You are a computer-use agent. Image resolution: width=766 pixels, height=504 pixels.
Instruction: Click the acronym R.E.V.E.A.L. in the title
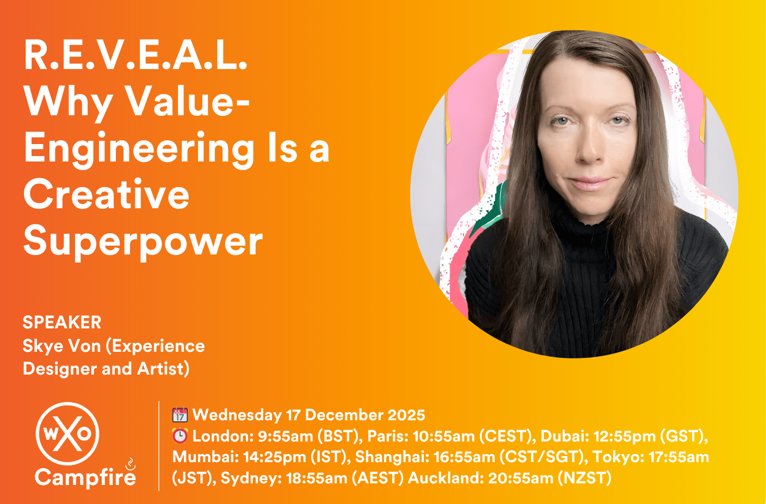click(135, 55)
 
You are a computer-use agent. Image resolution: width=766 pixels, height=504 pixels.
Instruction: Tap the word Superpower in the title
click(143, 242)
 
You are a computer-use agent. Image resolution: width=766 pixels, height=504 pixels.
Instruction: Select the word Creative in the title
click(107, 195)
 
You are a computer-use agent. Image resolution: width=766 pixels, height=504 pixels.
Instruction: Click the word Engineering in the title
click(139, 149)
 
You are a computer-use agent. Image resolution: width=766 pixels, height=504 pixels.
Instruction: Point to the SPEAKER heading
click(62, 322)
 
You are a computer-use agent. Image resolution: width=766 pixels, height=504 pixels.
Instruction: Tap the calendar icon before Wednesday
click(180, 415)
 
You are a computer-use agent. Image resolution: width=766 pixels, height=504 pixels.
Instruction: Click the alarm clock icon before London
click(180, 436)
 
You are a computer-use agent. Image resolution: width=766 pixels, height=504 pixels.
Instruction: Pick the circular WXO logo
click(67, 433)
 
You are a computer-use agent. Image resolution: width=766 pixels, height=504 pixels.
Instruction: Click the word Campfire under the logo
click(85, 477)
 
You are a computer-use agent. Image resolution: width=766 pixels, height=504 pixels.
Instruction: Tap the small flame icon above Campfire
click(131, 464)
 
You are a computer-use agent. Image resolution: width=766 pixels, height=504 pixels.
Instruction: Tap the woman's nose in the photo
click(590, 148)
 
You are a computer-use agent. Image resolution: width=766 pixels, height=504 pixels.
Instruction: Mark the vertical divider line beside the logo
click(159, 446)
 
